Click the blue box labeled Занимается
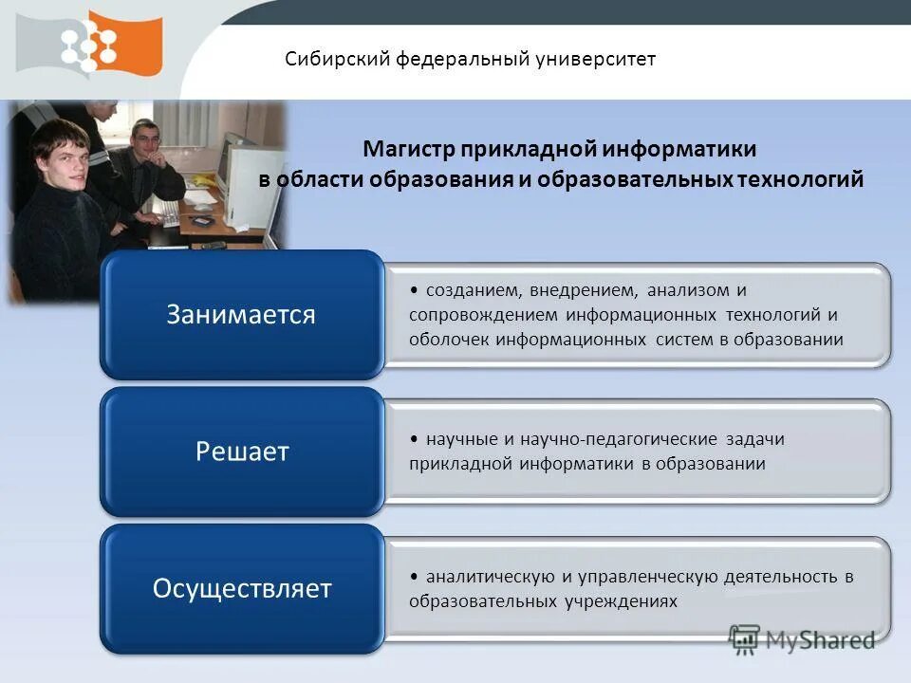[241, 315]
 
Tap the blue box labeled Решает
[242, 452]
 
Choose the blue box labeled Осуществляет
[242, 588]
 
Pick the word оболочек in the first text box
[448, 340]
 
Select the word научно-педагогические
[609, 439]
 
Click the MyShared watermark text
[820, 640]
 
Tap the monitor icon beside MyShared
[744, 640]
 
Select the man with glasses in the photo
[144, 146]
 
